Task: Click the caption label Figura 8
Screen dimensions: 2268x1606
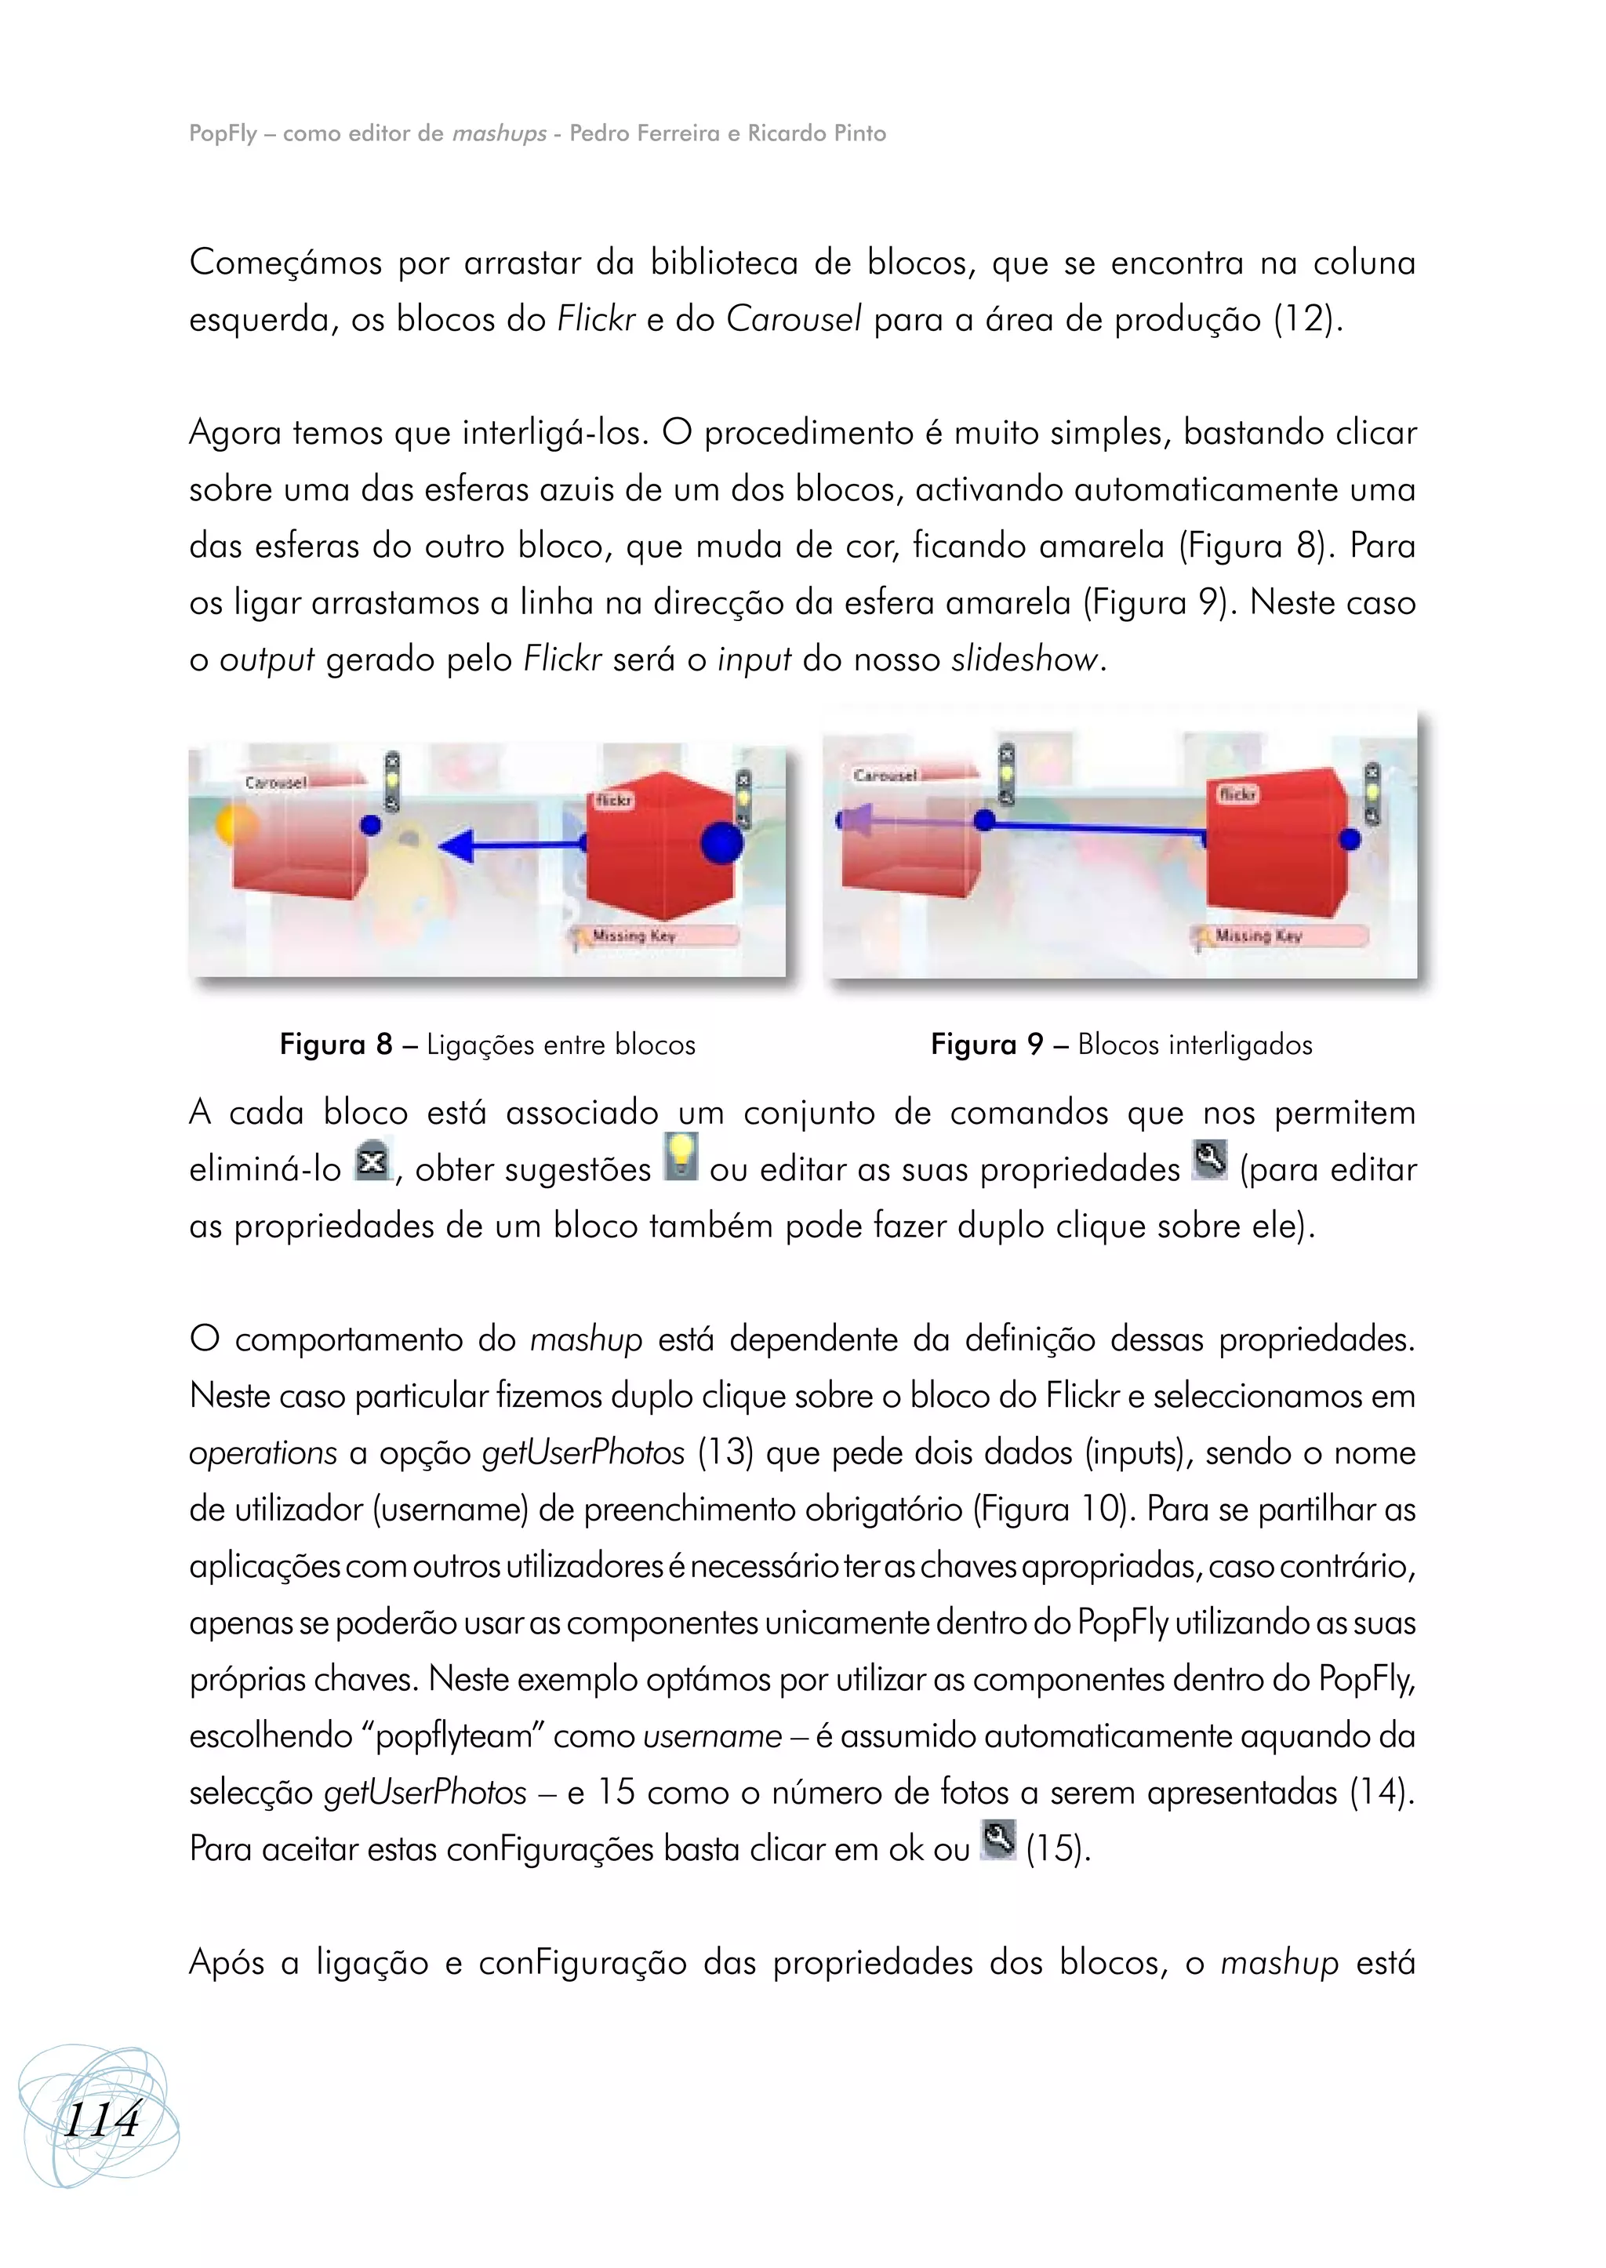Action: [x=336, y=1045]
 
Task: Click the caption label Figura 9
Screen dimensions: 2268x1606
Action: [x=986, y=1045]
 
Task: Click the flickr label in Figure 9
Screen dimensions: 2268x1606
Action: [x=1237, y=794]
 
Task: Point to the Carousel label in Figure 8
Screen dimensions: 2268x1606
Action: [x=276, y=783]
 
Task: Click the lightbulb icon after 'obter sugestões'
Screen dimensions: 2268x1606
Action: [x=681, y=1156]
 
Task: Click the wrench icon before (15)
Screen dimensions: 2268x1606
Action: [x=997, y=1840]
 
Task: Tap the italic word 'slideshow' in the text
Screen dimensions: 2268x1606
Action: [x=1024, y=659]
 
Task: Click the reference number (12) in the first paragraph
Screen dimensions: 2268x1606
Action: [x=1307, y=319]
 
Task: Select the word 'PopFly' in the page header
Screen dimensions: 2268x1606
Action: [x=223, y=133]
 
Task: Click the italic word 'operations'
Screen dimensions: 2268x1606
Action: [x=263, y=1453]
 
